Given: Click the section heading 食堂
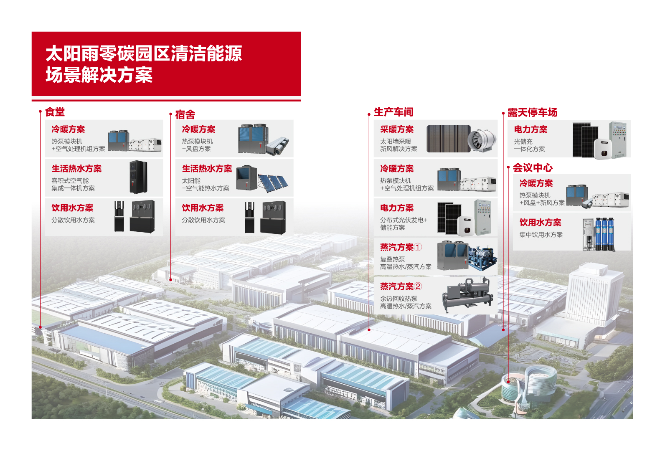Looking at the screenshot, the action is tap(55, 112).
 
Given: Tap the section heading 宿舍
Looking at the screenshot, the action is tap(185, 114).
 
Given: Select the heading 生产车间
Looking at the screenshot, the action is tap(393, 112).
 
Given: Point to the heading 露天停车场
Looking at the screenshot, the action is tap(533, 112).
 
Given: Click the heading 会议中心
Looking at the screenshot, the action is tap(533, 167).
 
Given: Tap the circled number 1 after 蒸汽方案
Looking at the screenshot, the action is tap(418, 247).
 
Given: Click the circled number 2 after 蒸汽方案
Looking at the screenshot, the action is tap(418, 286).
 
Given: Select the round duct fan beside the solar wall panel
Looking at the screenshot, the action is tap(482, 141).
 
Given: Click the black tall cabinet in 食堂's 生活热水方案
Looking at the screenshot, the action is tap(138, 177).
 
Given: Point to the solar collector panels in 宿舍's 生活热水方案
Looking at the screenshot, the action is tap(273, 183).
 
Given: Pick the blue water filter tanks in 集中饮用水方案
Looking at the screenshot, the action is tap(605, 234).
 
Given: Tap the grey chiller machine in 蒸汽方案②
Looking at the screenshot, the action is tap(467, 295).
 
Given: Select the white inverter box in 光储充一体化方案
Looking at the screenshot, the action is tap(603, 148).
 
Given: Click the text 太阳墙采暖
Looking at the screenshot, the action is tap(396, 142).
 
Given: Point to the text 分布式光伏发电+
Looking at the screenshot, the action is tap(404, 220).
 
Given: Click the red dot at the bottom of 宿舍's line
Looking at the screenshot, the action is tap(171, 279).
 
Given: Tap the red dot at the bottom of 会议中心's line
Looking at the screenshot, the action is tap(508, 382).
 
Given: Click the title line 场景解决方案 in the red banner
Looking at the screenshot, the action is tap(99, 75).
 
